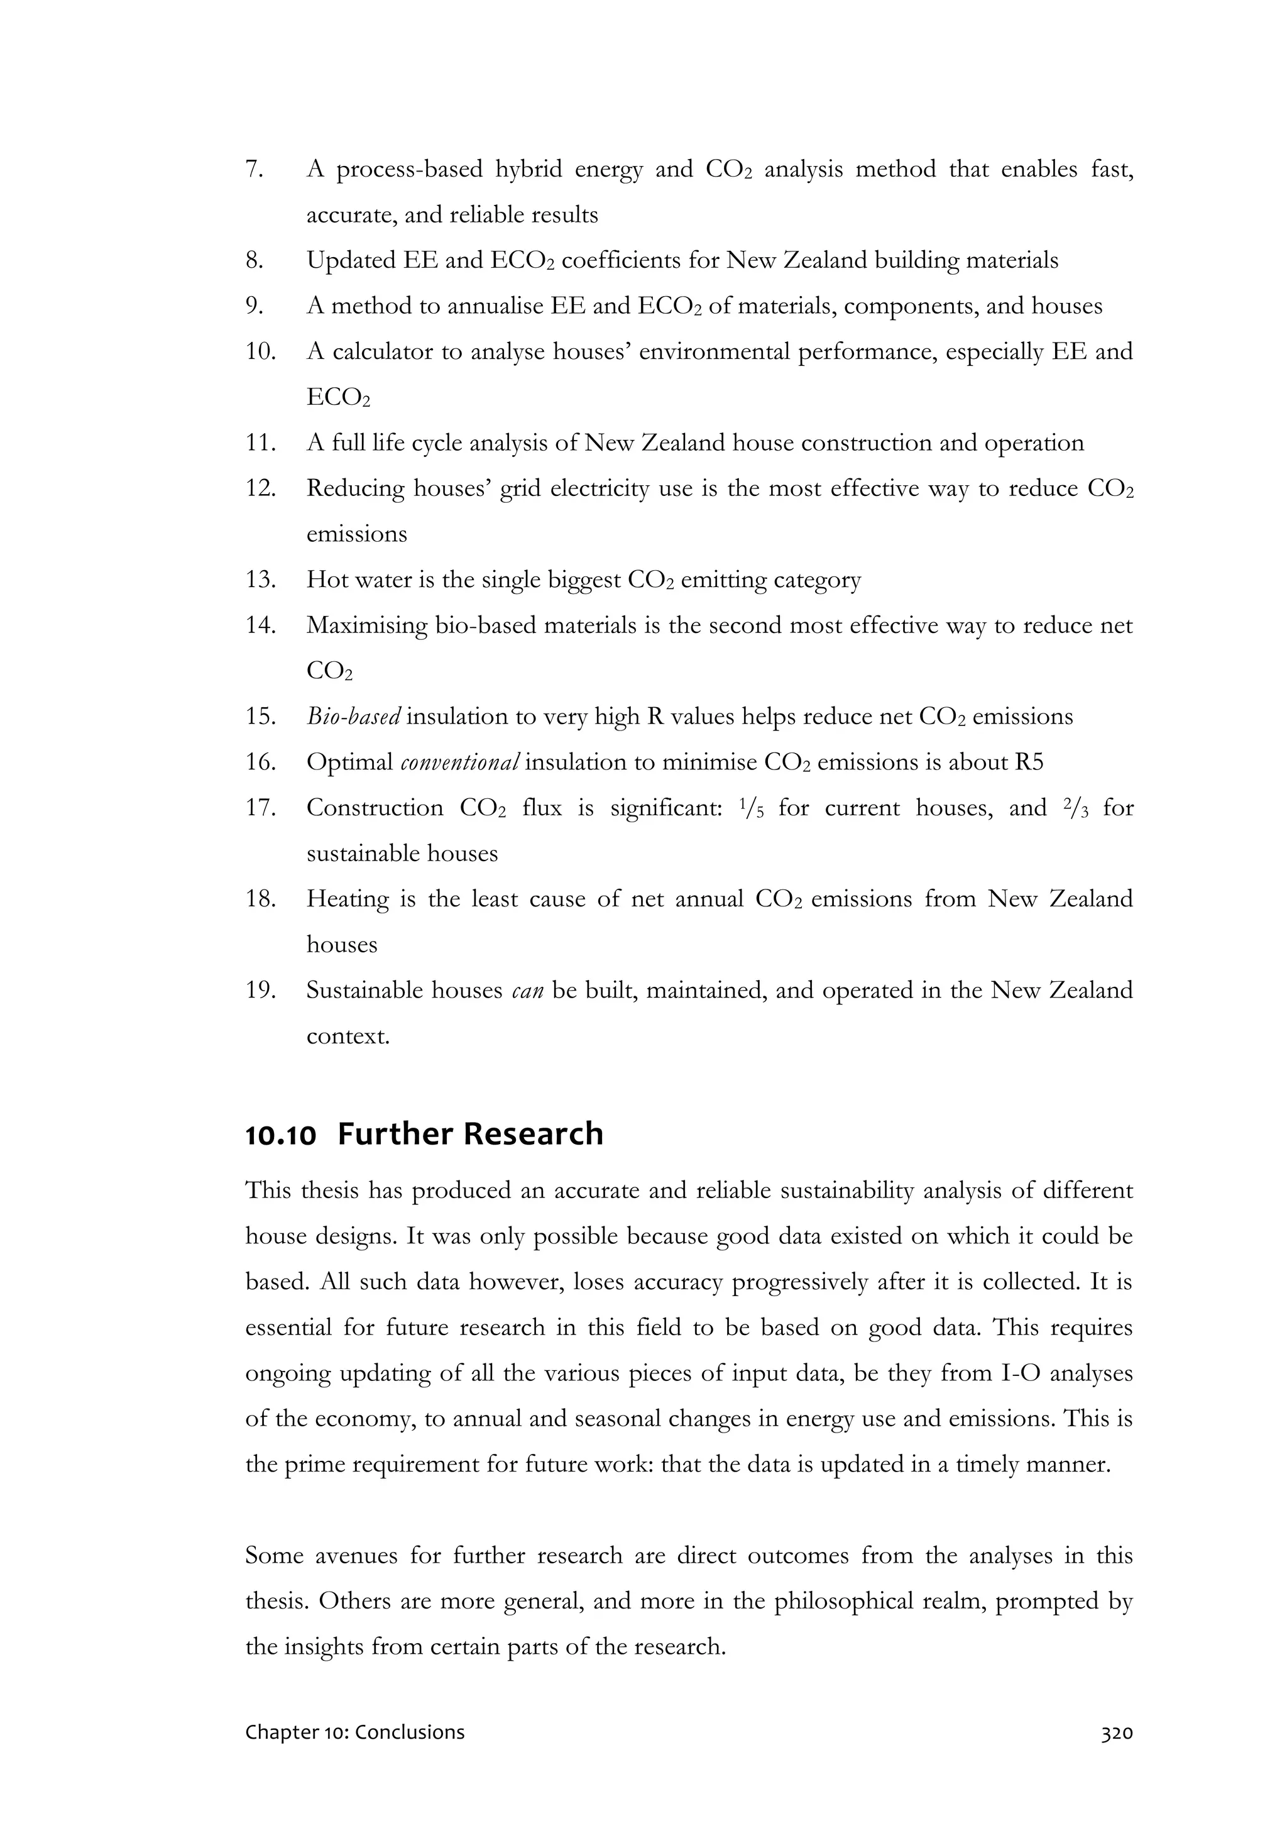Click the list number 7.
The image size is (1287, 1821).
pos(254,170)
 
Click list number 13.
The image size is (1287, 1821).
pos(260,580)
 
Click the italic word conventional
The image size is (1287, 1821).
pos(460,763)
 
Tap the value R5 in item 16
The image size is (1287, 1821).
pos(1029,763)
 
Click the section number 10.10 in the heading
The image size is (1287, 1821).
pos(281,1135)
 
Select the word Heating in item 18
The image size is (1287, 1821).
pos(348,899)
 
